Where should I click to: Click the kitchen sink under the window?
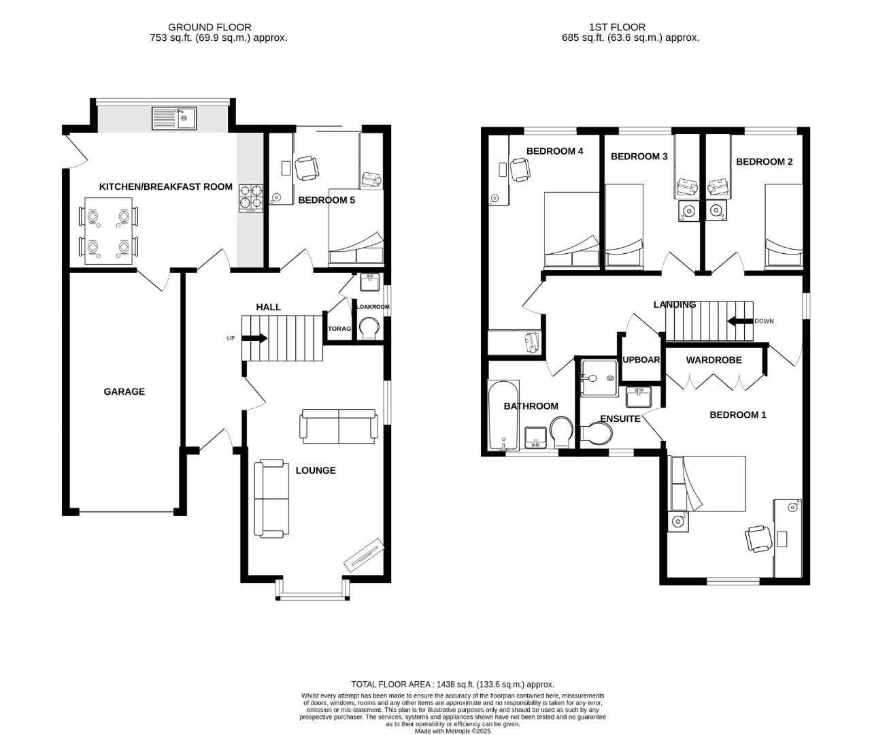pos(174,118)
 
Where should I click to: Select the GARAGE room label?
pos(124,391)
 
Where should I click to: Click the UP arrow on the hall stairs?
pos(254,338)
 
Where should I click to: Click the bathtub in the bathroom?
pos(503,416)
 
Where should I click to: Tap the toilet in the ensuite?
pos(595,434)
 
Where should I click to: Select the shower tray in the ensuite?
pos(599,378)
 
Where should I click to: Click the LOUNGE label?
pos(316,470)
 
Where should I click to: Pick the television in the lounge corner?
pos(365,555)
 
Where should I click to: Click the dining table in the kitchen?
pos(108,231)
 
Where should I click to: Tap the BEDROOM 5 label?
pos(326,200)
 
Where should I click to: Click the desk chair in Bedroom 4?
pos(520,169)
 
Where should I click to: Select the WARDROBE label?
pos(714,359)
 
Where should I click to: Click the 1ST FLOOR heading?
pos(607,27)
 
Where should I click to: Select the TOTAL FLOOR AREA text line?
pos(452,684)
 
